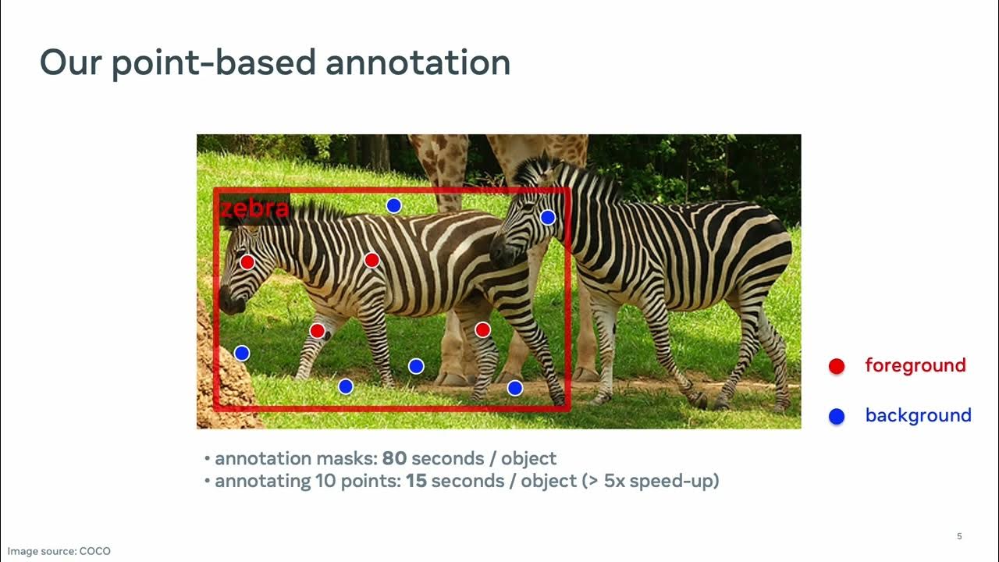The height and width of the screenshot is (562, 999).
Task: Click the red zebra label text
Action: tap(254, 209)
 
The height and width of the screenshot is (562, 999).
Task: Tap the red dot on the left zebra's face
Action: tap(247, 262)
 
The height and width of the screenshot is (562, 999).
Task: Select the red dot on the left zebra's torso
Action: tap(372, 260)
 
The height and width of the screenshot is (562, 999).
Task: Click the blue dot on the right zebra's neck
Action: tap(548, 218)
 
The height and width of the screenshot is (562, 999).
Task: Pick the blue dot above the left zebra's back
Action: tap(394, 205)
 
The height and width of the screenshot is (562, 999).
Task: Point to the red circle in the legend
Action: tap(837, 366)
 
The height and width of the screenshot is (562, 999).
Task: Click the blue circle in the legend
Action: tap(837, 417)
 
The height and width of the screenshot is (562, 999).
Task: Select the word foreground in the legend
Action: tap(915, 365)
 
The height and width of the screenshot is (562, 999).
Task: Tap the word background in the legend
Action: tap(918, 415)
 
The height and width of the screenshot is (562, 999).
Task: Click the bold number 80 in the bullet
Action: tap(394, 458)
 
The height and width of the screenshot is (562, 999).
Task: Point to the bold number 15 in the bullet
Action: tap(416, 481)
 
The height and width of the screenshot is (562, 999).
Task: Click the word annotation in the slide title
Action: tap(418, 62)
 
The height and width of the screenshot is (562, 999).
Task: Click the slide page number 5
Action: tap(959, 536)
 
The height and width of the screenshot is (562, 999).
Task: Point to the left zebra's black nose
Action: tap(228, 301)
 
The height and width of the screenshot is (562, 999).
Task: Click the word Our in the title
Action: tap(70, 62)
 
